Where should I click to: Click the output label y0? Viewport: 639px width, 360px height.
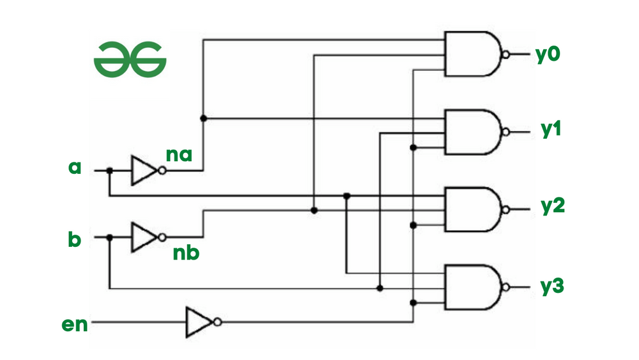click(548, 54)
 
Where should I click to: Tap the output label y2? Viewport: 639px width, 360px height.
click(551, 207)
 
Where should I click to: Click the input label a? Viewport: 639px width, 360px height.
click(75, 168)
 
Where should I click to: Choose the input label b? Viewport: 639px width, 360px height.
click(75, 240)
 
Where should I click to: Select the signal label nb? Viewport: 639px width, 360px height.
click(186, 253)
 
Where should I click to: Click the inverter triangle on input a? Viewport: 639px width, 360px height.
click(143, 171)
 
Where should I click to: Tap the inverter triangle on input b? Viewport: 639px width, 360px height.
click(143, 237)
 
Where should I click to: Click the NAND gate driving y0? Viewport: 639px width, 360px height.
click(473, 54)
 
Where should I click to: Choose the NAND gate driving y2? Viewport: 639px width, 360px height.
click(473, 210)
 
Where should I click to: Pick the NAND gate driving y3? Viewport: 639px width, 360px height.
click(473, 286)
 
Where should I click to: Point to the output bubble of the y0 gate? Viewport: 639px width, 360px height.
click(506, 54)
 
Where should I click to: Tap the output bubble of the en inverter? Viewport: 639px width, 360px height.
click(218, 322)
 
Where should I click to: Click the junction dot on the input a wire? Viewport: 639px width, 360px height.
click(110, 171)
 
